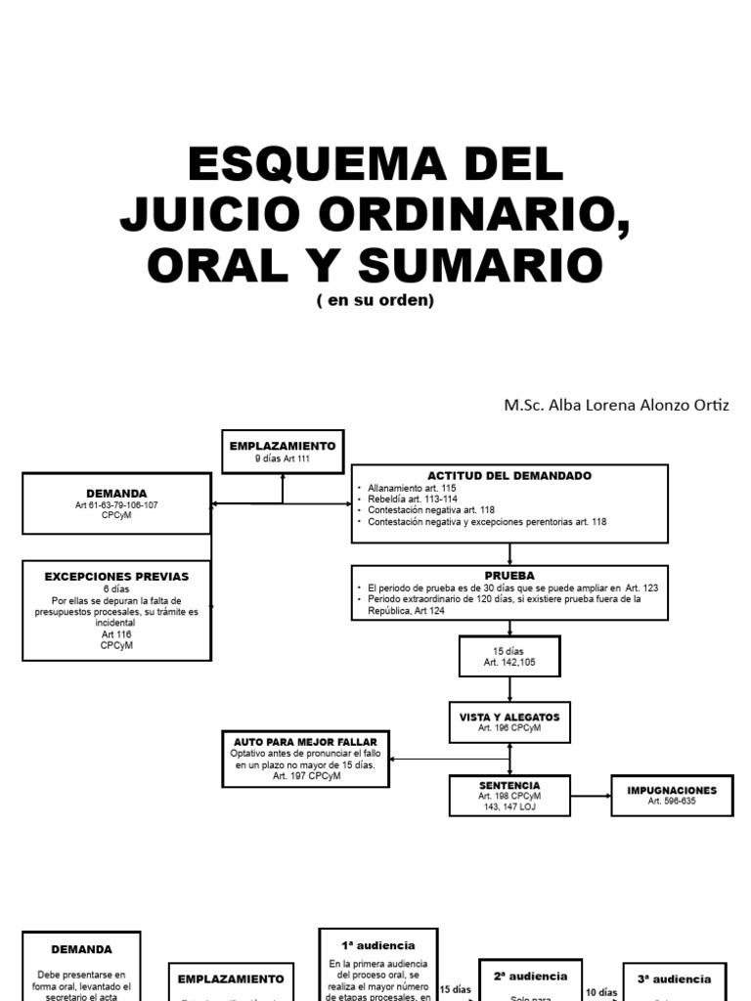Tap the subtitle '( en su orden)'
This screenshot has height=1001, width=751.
pos(375,300)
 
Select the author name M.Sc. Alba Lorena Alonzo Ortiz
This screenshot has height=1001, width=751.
pos(616,405)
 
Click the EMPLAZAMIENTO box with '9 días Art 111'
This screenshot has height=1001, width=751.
pos(282,452)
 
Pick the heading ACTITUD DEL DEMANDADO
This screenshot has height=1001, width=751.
pos(508,475)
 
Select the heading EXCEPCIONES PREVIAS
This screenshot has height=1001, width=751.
pos(116,577)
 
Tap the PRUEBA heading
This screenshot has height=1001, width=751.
pos(509,576)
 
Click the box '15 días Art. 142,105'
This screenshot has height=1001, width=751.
pos(509,656)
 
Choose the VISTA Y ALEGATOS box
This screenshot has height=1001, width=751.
pos(509,721)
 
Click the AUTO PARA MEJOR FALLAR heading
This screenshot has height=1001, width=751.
pos(305,742)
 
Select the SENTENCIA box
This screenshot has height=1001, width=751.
pos(509,796)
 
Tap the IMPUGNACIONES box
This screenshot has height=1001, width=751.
pos(672,795)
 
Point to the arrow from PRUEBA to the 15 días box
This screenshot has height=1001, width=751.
pos(509,628)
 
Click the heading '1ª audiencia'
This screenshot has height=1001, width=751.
pos(377,945)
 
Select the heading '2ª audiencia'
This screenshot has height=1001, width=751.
pos(530,976)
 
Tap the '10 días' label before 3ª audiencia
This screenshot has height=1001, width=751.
pos(602,991)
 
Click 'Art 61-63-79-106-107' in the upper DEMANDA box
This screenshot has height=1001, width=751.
pos(116,504)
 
